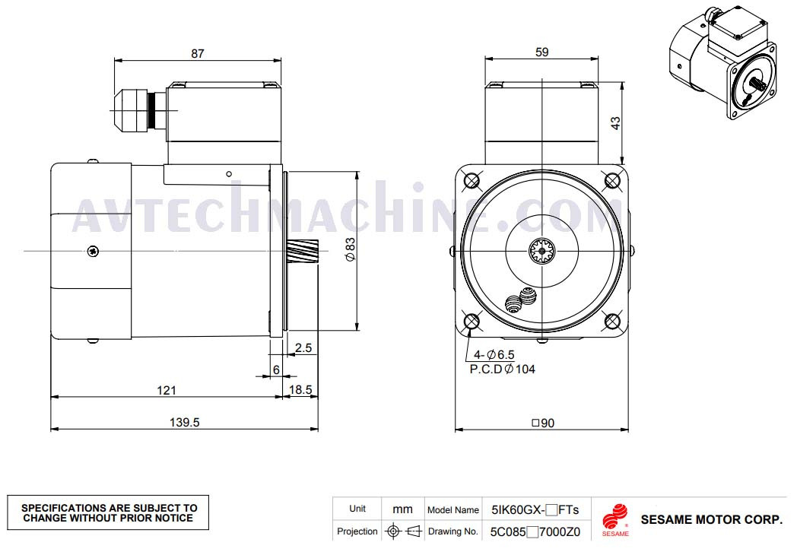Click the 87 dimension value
click(x=197, y=53)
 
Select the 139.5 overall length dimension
click(x=185, y=423)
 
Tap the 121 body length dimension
click(x=167, y=390)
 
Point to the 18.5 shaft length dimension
click(x=300, y=390)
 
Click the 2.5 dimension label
click(x=303, y=348)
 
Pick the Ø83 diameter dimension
click(x=351, y=249)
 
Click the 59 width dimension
click(x=541, y=52)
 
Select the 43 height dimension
click(x=615, y=123)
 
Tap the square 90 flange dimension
click(x=543, y=423)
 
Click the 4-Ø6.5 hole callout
click(x=494, y=355)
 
